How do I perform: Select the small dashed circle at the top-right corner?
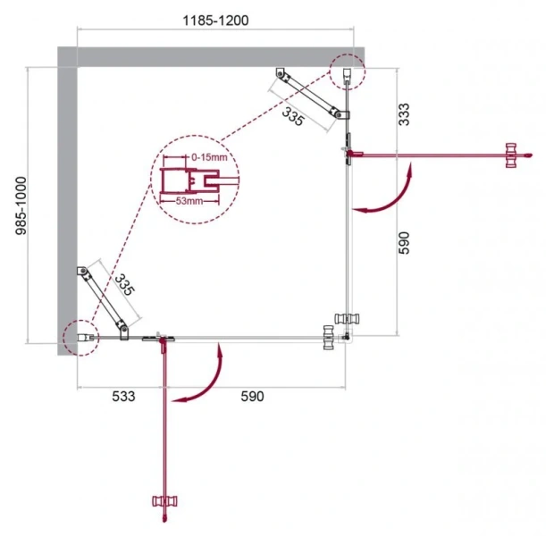[x=347, y=71]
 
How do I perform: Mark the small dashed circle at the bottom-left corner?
[x=79, y=338]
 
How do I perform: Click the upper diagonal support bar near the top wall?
[x=308, y=94]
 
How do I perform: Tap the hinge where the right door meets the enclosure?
[x=349, y=153]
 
